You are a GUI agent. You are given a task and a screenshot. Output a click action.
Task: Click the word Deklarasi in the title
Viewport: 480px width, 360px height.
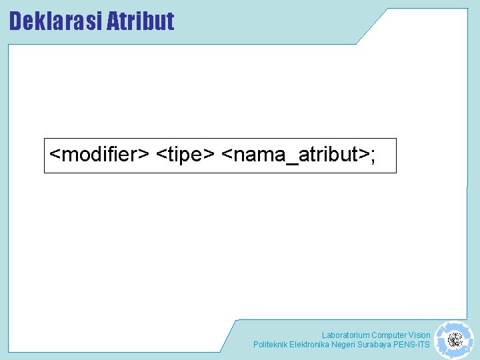tap(55, 21)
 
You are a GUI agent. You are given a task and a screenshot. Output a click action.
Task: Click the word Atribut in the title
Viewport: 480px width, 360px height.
tap(141, 21)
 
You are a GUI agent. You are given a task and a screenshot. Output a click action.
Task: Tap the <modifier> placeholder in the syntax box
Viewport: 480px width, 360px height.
tap(100, 155)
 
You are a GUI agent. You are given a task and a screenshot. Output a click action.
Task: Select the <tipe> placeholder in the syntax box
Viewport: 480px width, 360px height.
tap(185, 155)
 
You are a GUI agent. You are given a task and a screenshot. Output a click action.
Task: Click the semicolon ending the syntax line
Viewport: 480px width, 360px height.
tap(373, 156)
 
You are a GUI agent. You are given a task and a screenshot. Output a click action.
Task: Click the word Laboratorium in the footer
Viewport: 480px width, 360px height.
tap(345, 335)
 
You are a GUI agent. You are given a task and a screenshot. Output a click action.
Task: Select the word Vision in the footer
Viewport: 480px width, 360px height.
tap(419, 335)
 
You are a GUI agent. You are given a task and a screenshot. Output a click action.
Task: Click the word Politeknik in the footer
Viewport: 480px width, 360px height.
tap(270, 345)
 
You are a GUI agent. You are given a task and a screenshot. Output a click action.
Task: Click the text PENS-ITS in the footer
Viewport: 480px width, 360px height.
tap(413, 345)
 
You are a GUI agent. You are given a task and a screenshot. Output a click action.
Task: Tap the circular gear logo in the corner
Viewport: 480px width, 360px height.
tap(455, 340)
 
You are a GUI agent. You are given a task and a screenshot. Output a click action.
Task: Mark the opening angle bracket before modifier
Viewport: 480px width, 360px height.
tap(55, 155)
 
